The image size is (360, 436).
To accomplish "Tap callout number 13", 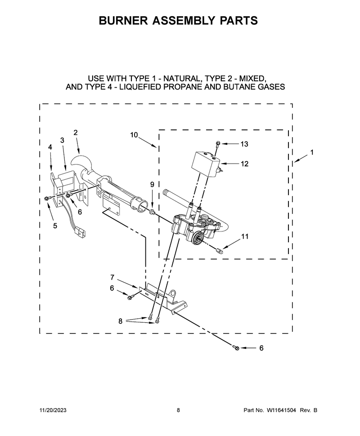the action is [244, 144].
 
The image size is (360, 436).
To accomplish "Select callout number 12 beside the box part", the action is [244, 164].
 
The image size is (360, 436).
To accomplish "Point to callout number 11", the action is [245, 236].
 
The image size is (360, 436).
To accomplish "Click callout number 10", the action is [134, 135].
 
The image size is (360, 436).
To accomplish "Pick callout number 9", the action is [152, 184].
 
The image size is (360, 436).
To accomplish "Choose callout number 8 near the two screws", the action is [120, 321].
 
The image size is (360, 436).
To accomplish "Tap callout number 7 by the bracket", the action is [112, 277].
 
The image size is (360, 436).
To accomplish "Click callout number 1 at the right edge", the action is [312, 152].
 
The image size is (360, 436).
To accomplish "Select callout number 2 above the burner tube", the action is [76, 133].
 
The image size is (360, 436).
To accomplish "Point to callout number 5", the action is [55, 226].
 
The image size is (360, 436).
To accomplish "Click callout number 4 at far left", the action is [50, 147].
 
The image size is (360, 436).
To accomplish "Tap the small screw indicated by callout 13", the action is [217, 143].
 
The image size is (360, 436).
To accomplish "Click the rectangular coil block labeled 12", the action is [205, 164].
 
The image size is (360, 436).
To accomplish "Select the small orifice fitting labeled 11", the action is [220, 250].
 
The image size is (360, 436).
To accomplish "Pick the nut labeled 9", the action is [152, 212].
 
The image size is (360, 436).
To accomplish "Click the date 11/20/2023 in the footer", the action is [53, 410].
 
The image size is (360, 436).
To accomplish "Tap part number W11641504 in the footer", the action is [281, 410].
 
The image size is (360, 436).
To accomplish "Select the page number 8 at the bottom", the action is [179, 410].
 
